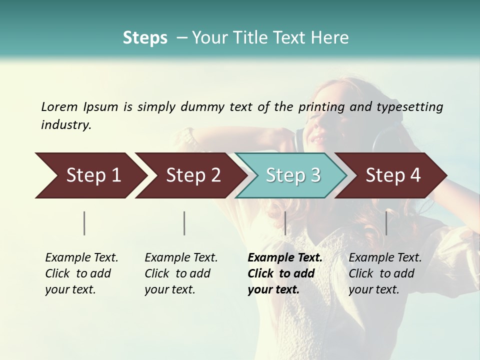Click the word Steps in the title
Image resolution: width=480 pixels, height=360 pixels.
(145, 38)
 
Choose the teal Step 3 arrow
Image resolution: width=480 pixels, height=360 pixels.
(293, 175)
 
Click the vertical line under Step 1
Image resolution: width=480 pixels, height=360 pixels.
(84, 223)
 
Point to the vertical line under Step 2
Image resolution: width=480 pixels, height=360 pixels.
(184, 223)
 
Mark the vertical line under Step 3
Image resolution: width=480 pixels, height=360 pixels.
(285, 223)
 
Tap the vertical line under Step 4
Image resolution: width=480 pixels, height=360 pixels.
(386, 223)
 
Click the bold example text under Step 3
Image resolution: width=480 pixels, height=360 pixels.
(284, 273)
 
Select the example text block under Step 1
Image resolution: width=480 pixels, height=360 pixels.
(81, 273)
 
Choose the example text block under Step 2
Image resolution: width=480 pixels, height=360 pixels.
(181, 273)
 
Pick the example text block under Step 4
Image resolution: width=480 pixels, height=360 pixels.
(385, 273)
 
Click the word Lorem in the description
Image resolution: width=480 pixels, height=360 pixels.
(59, 106)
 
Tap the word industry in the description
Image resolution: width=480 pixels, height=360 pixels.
(66, 125)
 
